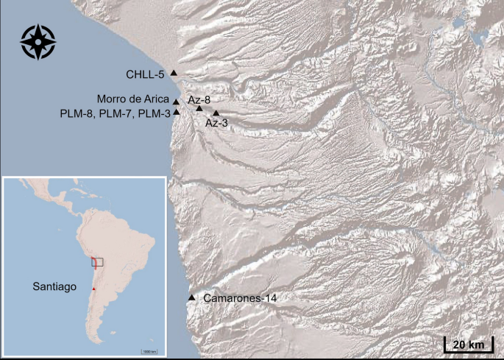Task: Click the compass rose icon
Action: pyautogui.click(x=38, y=42)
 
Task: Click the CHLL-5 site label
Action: pyautogui.click(x=145, y=74)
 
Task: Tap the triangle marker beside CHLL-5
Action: pyautogui.click(x=174, y=72)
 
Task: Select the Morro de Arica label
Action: pyautogui.click(x=133, y=99)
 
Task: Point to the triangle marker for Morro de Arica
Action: pyautogui.click(x=177, y=102)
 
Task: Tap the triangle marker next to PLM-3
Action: pyautogui.click(x=177, y=112)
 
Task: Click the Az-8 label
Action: pyautogui.click(x=199, y=99)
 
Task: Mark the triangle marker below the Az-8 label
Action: pyautogui.click(x=199, y=109)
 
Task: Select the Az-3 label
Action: pyautogui.click(x=216, y=124)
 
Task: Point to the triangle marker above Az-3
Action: pyautogui.click(x=216, y=113)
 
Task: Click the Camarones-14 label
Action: pyautogui.click(x=234, y=297)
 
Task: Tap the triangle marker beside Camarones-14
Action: pyautogui.click(x=192, y=297)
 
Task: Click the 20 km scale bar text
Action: pyautogui.click(x=468, y=345)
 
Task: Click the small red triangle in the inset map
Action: pyautogui.click(x=93, y=289)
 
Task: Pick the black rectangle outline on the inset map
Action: pyautogui.click(x=97, y=261)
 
